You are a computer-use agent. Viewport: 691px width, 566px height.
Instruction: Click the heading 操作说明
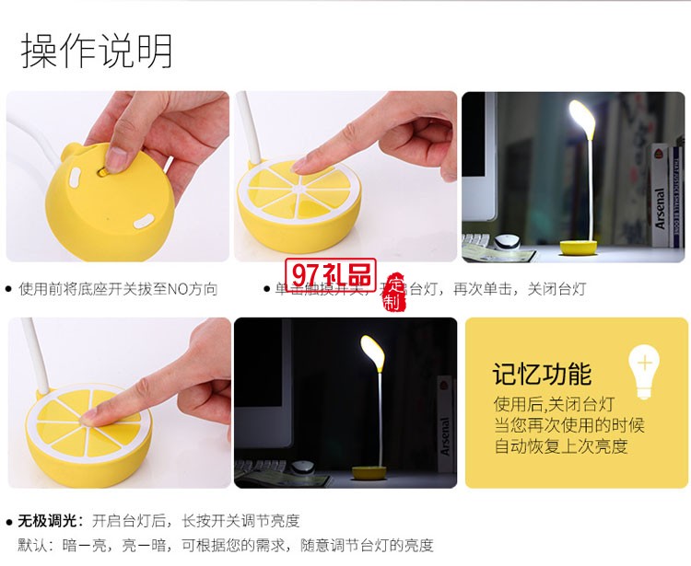point(97,51)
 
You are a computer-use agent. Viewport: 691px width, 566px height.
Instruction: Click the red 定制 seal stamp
point(395,292)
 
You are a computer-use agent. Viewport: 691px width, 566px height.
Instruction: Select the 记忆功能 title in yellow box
point(542,375)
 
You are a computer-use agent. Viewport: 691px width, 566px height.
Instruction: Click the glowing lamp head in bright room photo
point(581,117)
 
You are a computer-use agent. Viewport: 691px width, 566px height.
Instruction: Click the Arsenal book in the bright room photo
point(661,195)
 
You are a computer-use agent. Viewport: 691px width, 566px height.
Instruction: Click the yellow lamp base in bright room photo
point(579,248)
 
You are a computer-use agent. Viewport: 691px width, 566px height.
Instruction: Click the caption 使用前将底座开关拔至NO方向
point(118,289)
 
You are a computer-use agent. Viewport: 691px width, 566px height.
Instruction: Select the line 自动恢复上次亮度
point(561,447)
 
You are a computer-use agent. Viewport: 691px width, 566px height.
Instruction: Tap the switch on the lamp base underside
point(117,158)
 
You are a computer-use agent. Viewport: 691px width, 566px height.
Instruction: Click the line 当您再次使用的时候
point(568,425)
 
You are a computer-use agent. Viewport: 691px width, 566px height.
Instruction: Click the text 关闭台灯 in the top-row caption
point(556,289)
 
